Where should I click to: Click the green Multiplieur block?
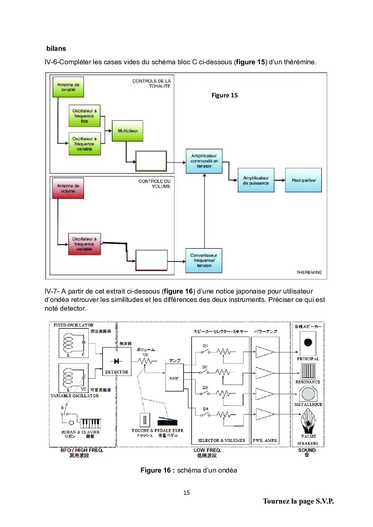128,131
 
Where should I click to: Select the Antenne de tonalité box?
68,87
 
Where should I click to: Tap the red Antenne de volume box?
68,188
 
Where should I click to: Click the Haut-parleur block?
304,180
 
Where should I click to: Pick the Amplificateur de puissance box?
256,180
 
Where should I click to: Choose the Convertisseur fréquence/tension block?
204,260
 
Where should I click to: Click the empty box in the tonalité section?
151,161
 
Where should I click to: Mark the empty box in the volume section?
151,260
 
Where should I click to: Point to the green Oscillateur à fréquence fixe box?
84,116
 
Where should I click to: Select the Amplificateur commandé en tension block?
204,161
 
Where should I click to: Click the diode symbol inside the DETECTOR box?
116,361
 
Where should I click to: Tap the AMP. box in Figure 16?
174,378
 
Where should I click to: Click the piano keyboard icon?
91,423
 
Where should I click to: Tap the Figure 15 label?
224,95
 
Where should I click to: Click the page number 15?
186,492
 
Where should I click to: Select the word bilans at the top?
56,49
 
